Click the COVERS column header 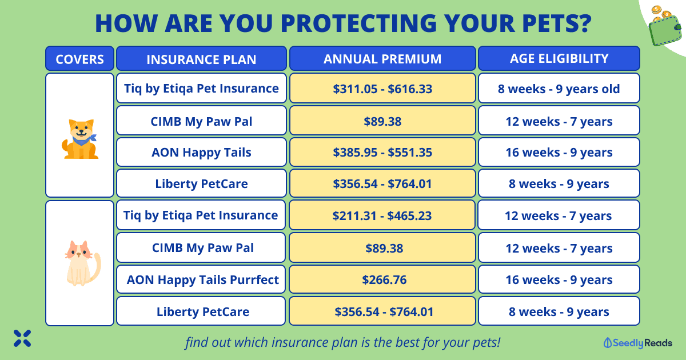coord(79,58)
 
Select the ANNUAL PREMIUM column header coord(382,58)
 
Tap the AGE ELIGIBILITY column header coord(559,58)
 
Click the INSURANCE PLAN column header coord(201,58)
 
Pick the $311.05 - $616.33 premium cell coord(382,88)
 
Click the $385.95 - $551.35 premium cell coord(382,152)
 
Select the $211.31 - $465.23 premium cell coord(382,215)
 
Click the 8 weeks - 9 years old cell coord(559,88)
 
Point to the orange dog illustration coord(80,139)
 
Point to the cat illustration coord(82,263)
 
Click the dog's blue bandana coord(84,140)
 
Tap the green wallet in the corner coord(664,30)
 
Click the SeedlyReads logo coord(637,343)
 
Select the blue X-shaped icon coord(22,338)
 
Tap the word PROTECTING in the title coord(358,23)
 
